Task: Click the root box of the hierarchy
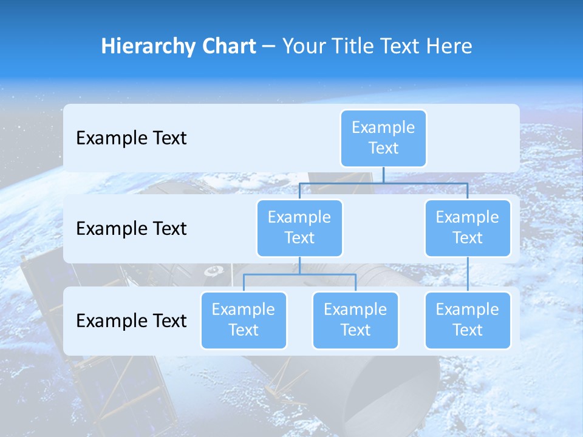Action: (x=383, y=138)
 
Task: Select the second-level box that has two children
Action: (x=299, y=228)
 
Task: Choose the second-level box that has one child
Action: (x=468, y=228)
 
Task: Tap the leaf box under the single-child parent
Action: (x=468, y=320)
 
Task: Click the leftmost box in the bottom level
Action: (x=244, y=320)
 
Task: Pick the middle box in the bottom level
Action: (x=355, y=320)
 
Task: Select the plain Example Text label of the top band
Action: (x=131, y=138)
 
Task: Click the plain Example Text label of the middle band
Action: (x=131, y=229)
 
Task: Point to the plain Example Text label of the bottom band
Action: (x=131, y=320)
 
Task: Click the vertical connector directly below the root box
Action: (x=383, y=175)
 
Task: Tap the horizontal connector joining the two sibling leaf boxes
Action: (x=299, y=274)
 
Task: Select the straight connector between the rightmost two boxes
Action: (x=468, y=274)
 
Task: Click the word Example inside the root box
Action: (x=383, y=127)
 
